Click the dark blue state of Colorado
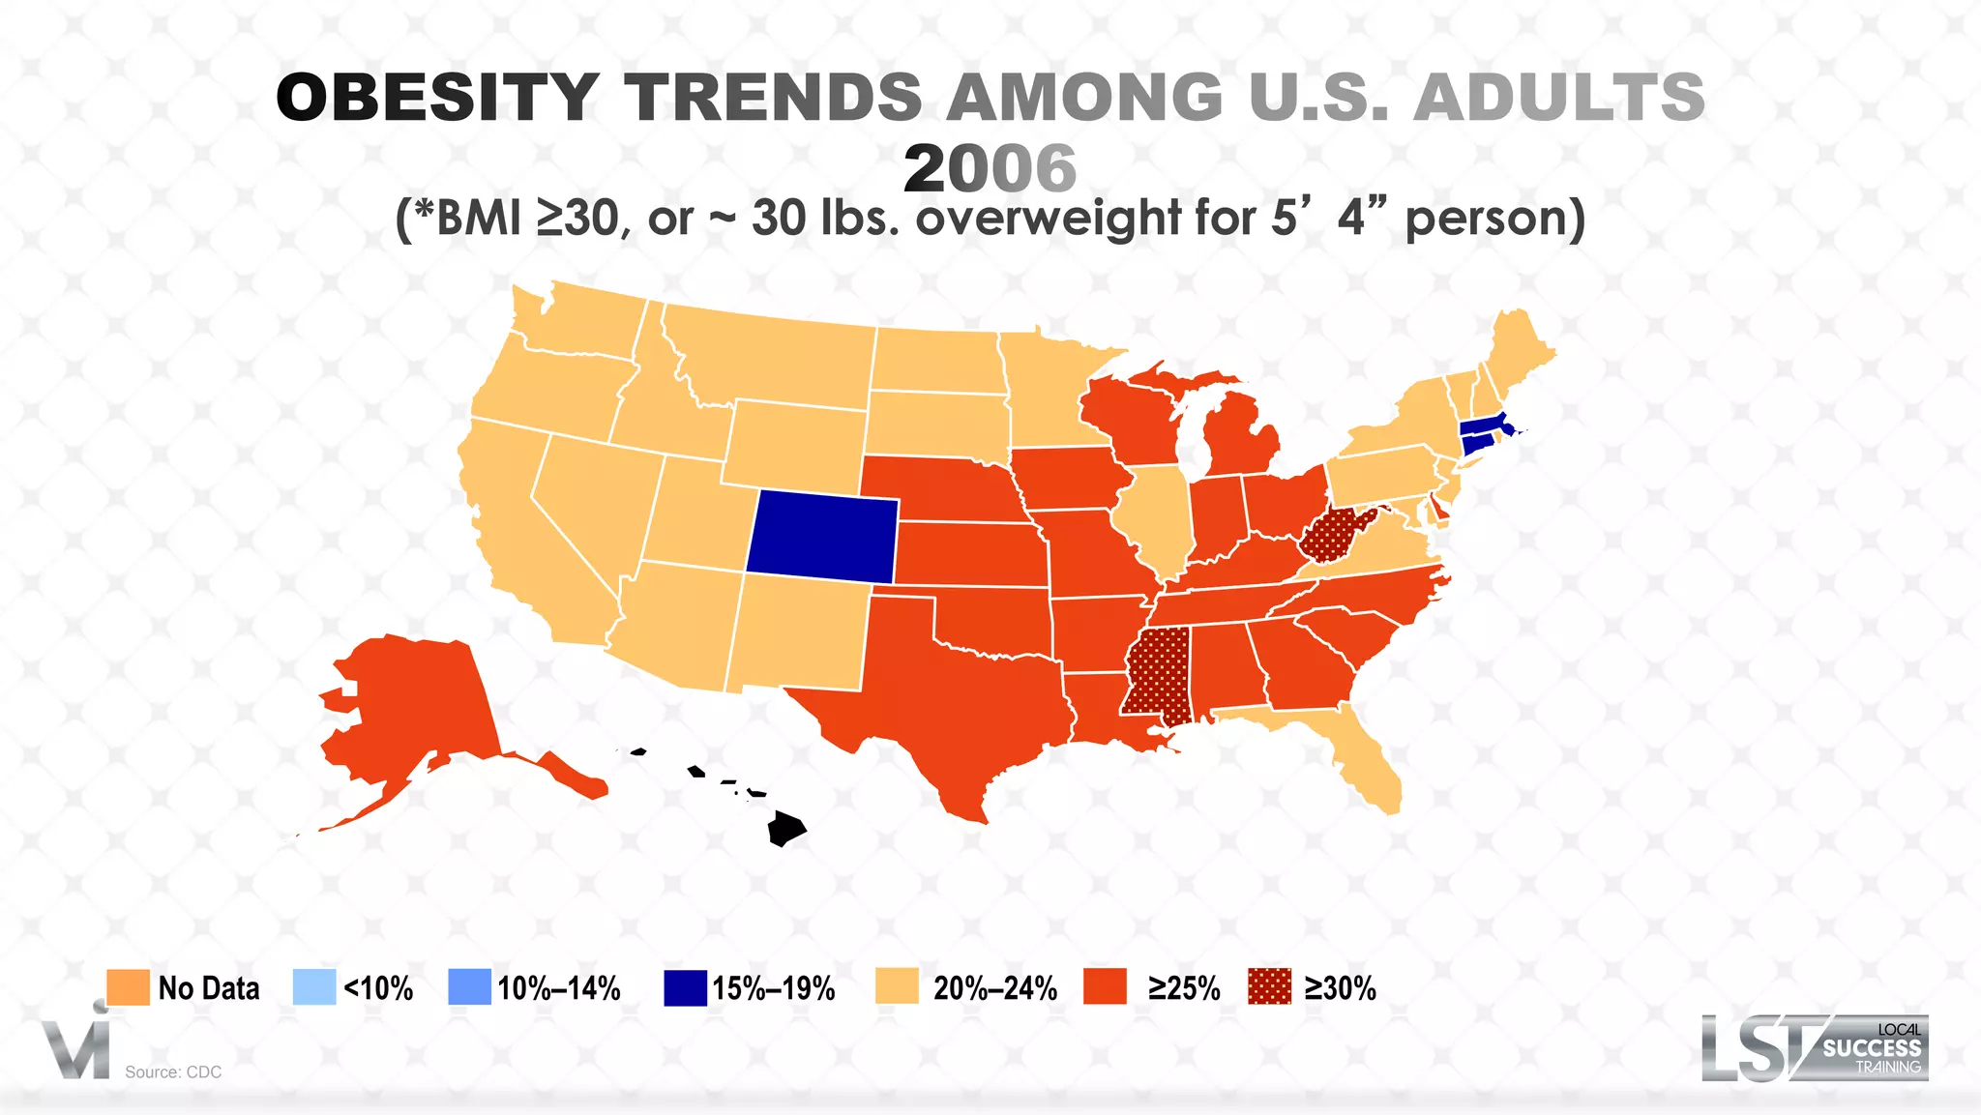(x=822, y=537)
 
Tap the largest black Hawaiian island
(x=785, y=829)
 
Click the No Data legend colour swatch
(x=128, y=987)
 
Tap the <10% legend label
(x=378, y=988)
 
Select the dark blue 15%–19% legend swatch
(x=685, y=987)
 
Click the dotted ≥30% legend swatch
(x=1269, y=987)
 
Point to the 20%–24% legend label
(x=994, y=988)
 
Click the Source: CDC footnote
(x=173, y=1071)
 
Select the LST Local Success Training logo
(x=1815, y=1047)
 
